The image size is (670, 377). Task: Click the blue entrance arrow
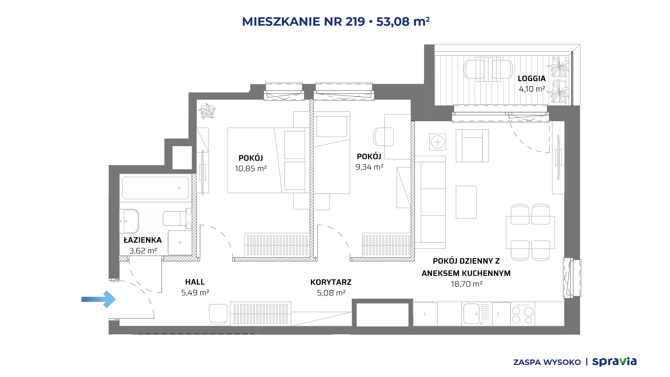pyautogui.click(x=99, y=299)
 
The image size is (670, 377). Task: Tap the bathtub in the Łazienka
pyautogui.click(x=155, y=188)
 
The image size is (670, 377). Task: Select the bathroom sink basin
pyautogui.click(x=129, y=221)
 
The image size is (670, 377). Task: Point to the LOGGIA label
pyautogui.click(x=532, y=79)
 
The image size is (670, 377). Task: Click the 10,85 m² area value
pyautogui.click(x=251, y=169)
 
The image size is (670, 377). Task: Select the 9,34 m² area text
pyautogui.click(x=369, y=167)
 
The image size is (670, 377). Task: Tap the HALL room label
pyautogui.click(x=195, y=282)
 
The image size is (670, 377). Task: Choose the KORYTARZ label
pyautogui.click(x=331, y=282)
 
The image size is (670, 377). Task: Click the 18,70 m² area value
pyautogui.click(x=467, y=284)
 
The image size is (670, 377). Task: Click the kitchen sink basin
pyautogui.click(x=471, y=314)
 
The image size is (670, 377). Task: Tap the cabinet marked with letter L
pyautogui.click(x=425, y=314)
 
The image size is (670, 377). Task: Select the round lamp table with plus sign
pyautogui.click(x=438, y=142)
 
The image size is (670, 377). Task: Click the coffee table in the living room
pyautogui.click(x=466, y=202)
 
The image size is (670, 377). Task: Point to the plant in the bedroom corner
pyautogui.click(x=207, y=111)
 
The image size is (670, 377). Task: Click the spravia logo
pyautogui.click(x=614, y=362)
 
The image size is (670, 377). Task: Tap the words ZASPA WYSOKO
pyautogui.click(x=547, y=362)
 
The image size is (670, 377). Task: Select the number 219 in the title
pyautogui.click(x=355, y=21)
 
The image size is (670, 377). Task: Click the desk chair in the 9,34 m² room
pyautogui.click(x=383, y=137)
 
